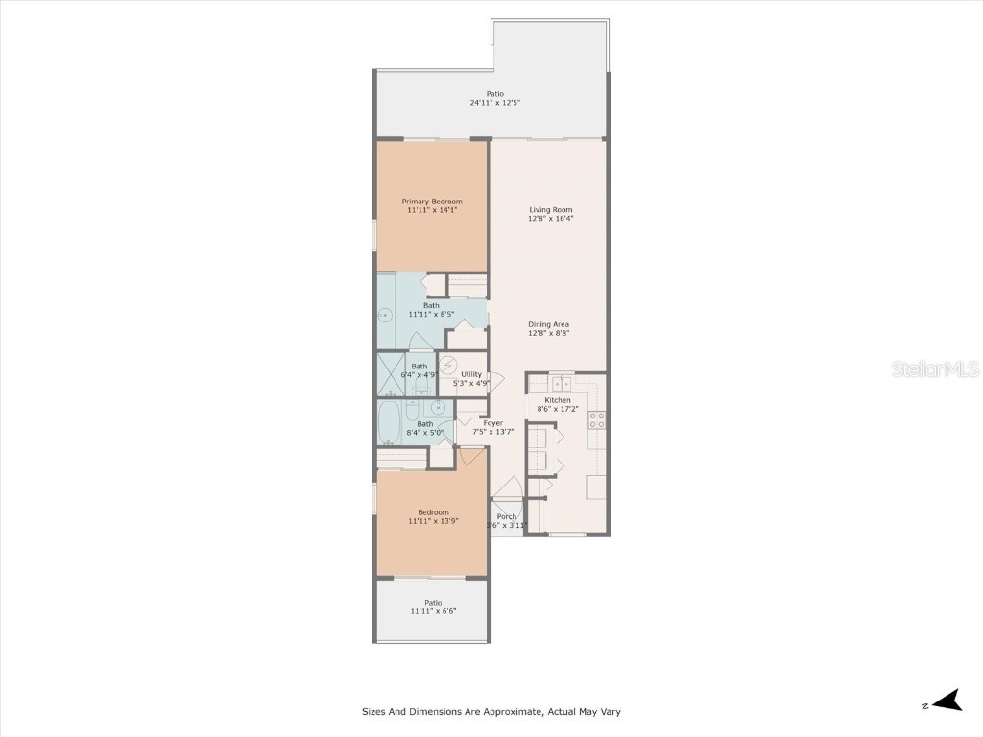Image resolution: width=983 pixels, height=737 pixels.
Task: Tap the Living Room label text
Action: coord(550,209)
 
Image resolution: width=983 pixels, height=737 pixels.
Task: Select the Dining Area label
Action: coord(548,324)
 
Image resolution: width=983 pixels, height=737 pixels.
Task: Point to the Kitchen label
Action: coord(558,400)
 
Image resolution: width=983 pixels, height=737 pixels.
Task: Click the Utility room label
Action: coord(471,374)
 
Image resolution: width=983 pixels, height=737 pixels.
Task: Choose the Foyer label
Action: coord(492,423)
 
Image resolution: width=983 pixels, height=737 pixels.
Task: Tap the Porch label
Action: coord(507,516)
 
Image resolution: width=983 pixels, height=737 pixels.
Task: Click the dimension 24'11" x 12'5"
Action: coord(494,103)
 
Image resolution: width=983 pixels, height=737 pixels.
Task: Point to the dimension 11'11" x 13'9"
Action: coord(433,521)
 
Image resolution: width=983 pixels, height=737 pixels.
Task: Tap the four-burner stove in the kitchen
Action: coord(596,419)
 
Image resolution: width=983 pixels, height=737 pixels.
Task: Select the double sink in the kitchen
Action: coord(563,384)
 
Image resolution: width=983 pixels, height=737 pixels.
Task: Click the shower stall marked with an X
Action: coord(392,375)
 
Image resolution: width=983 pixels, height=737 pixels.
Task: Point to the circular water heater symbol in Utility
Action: coord(448,364)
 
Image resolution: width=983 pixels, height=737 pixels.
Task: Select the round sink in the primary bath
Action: coord(387,315)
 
